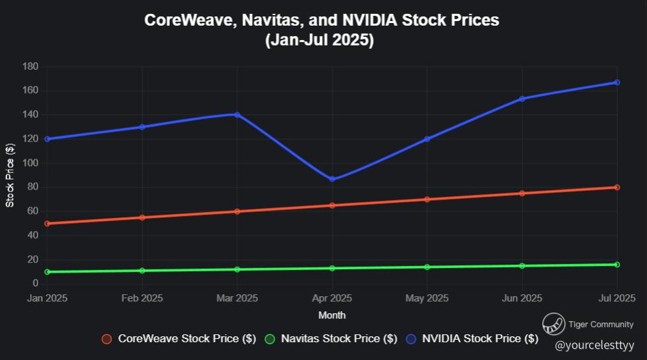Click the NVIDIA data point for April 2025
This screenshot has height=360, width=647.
tap(332, 179)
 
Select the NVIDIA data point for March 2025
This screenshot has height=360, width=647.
tap(237, 115)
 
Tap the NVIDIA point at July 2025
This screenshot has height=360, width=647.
tap(617, 82)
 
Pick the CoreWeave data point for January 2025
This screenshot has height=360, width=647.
tap(47, 223)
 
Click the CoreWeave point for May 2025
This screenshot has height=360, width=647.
tap(427, 199)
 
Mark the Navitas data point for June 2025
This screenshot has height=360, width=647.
tap(522, 266)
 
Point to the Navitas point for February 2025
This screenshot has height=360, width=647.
tap(142, 270)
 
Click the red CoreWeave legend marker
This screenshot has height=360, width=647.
tap(106, 339)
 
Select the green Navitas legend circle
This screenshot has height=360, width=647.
tap(269, 339)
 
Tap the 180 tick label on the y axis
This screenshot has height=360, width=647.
tap(30, 66)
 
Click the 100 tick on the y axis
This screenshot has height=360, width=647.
tap(30, 163)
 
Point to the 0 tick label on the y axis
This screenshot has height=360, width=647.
tap(36, 284)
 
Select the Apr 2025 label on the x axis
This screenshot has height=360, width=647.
tap(332, 298)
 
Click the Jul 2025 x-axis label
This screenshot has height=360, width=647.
tap(616, 298)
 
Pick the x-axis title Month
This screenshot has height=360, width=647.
tap(332, 315)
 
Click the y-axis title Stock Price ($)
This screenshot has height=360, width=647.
tap(10, 174)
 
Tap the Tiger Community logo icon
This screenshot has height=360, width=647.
tap(554, 324)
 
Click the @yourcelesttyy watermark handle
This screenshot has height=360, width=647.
tap(594, 345)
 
